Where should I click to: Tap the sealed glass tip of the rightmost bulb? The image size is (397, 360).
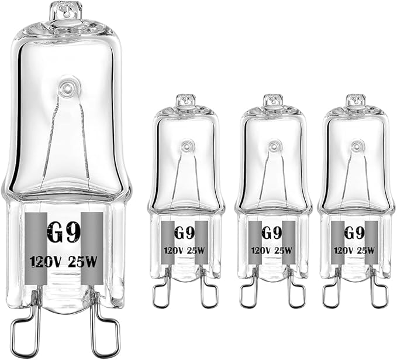355,100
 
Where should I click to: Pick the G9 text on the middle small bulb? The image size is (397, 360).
270,232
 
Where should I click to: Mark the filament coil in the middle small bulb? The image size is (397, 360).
272,144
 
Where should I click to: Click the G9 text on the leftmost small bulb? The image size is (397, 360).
184,232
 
